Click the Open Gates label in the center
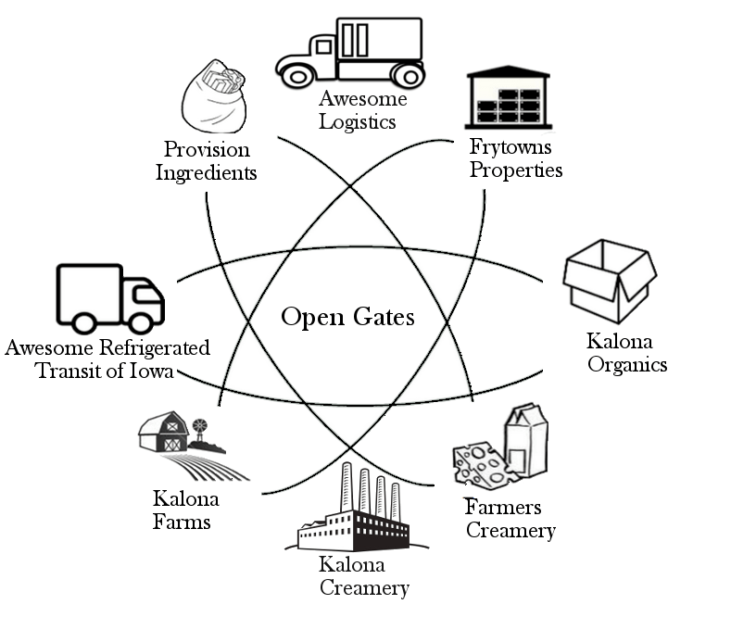347,318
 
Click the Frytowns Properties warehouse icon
507,97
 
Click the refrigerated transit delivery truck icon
109,298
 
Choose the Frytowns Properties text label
516,157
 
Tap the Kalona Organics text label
627,353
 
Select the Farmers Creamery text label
510,519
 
